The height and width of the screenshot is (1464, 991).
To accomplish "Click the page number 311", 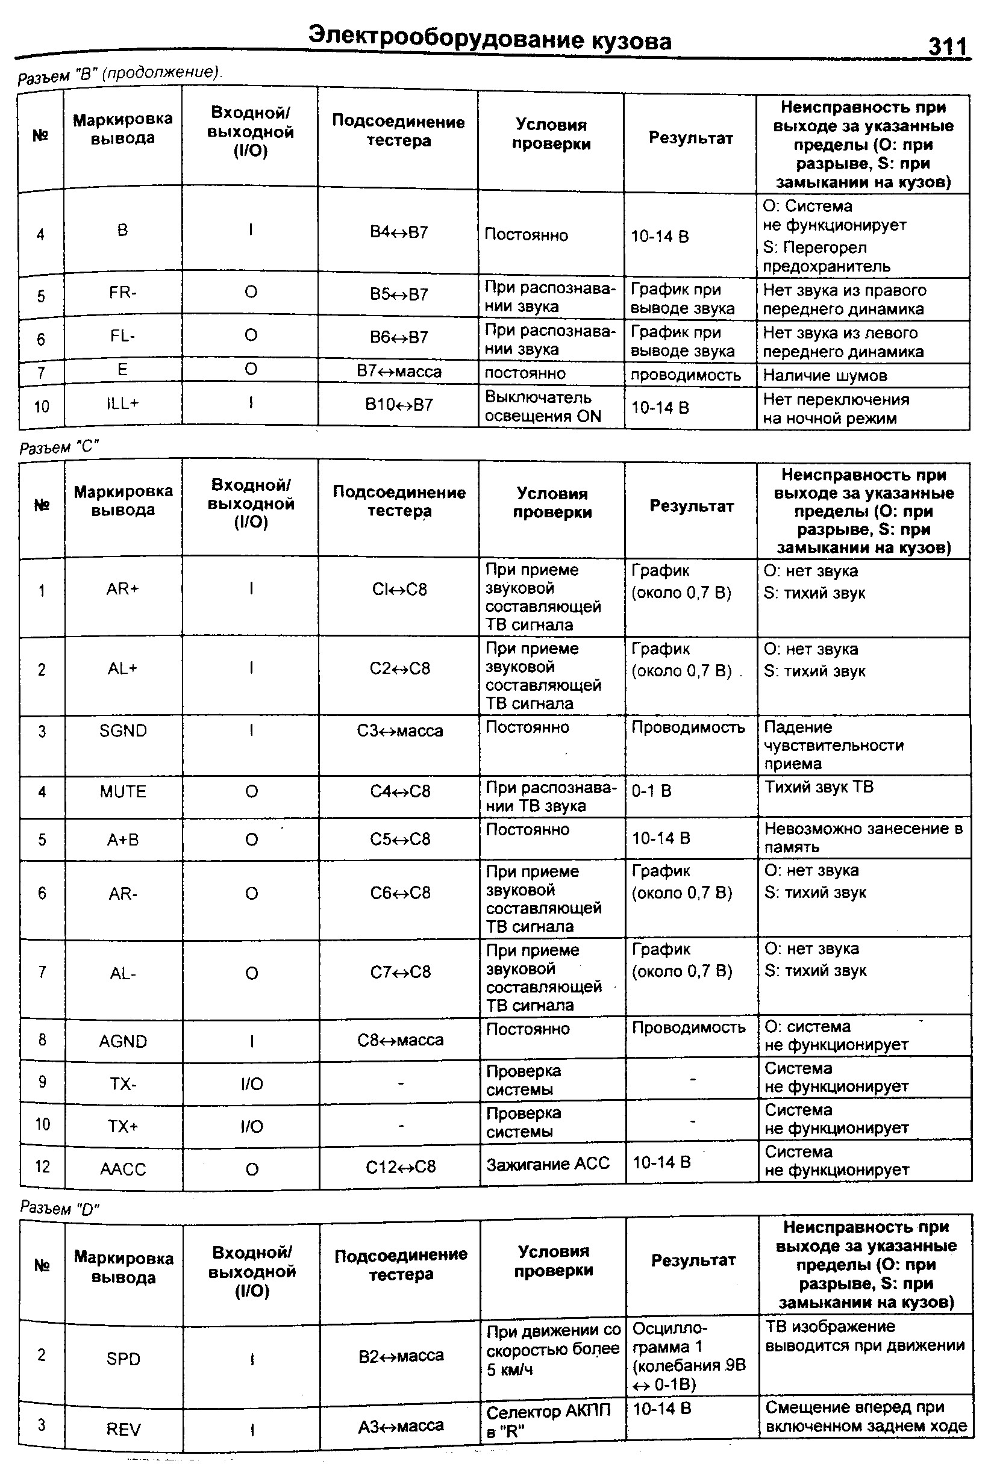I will pyautogui.click(x=947, y=46).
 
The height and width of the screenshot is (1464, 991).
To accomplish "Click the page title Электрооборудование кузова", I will pyautogui.click(x=490, y=39).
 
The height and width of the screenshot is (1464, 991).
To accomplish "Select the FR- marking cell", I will pyautogui.click(x=122, y=293).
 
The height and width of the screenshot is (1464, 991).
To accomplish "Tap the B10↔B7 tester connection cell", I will pyautogui.click(x=399, y=405).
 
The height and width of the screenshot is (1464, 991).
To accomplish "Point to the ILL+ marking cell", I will pyautogui.click(x=122, y=404).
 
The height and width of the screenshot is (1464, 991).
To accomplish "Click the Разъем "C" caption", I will pyautogui.click(x=59, y=447).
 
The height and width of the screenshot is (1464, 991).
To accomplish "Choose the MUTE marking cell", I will pyautogui.click(x=123, y=791).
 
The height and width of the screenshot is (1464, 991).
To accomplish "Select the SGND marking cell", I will pyautogui.click(x=123, y=730).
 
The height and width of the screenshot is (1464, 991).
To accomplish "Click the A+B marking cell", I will pyautogui.click(x=123, y=839).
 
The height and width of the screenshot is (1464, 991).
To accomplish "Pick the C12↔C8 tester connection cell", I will pyautogui.click(x=401, y=1167).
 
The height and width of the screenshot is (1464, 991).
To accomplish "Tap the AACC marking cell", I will pyautogui.click(x=123, y=1169).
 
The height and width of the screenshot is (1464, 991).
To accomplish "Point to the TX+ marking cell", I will pyautogui.click(x=123, y=1126).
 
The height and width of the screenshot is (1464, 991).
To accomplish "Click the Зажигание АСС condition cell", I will pyautogui.click(x=548, y=1163).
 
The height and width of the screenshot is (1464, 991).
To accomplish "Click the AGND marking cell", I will pyautogui.click(x=123, y=1041).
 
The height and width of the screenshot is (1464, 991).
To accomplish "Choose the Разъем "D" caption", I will pyautogui.click(x=60, y=1207).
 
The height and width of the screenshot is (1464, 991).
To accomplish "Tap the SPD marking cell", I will pyautogui.click(x=123, y=1359).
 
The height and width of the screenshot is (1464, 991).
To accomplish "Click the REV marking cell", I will pyautogui.click(x=123, y=1429).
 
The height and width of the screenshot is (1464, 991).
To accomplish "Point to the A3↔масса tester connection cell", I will pyautogui.click(x=401, y=1425).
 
